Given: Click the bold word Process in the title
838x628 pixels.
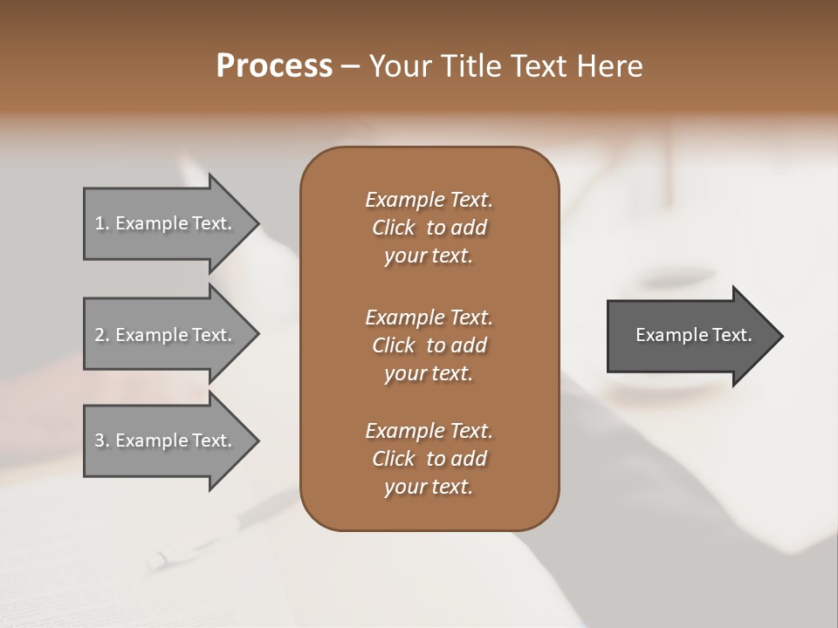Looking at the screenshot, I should pos(274,65).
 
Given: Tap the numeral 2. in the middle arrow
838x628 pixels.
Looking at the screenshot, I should pos(102,335).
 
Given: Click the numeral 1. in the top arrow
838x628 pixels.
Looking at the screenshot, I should pos(102,223).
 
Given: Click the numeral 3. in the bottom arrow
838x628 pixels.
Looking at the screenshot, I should pos(102,440).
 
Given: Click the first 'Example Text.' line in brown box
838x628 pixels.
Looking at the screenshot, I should pos(429,200).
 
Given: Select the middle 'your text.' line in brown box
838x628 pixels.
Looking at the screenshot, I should pos(429,373).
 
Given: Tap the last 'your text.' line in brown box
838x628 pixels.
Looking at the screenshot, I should pos(429,488).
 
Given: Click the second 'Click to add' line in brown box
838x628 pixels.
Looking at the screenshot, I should pos(429,345).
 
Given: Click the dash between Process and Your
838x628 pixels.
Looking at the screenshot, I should pos(350,66).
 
